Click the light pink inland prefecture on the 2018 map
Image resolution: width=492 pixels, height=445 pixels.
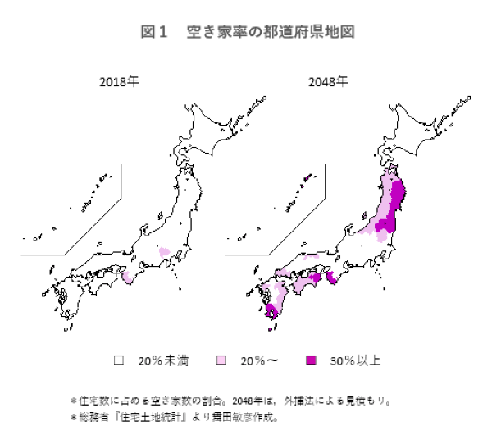[164, 251]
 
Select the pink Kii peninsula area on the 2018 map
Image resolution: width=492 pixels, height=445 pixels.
[128, 279]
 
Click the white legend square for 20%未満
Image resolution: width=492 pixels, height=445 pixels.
[119, 360]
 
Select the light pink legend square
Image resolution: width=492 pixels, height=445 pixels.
[221, 360]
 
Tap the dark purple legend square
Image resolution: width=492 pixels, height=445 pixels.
[310, 360]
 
